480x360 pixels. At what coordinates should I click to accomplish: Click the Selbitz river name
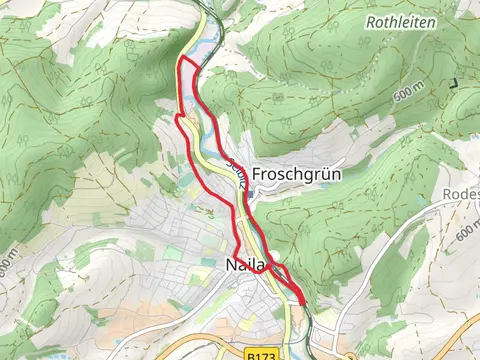click(x=233, y=175)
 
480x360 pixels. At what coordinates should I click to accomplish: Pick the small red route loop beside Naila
click(x=281, y=271)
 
